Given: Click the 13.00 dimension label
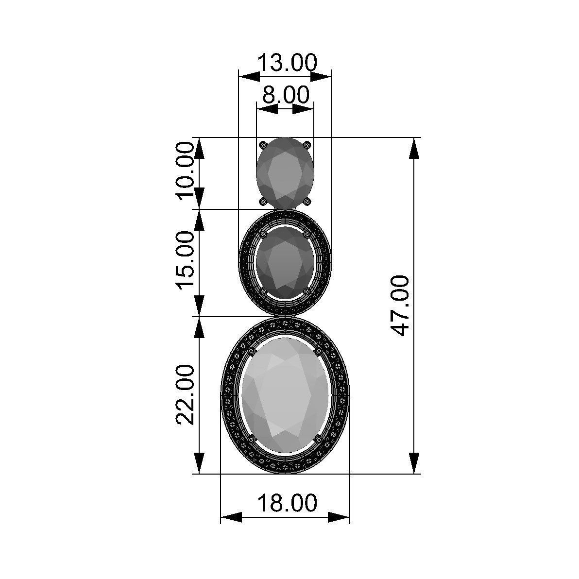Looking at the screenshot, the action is pyautogui.click(x=287, y=63).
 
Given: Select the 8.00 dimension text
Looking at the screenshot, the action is pyautogui.click(x=286, y=95).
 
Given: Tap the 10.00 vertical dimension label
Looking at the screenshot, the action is pyautogui.click(x=185, y=170).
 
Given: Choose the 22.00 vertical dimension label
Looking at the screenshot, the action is pyautogui.click(x=185, y=394).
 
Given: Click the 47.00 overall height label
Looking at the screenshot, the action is pyautogui.click(x=400, y=306).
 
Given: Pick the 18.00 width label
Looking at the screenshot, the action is pyautogui.click(x=287, y=503).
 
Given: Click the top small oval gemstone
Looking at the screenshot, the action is pyautogui.click(x=285, y=173).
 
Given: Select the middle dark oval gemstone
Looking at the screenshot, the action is pyautogui.click(x=285, y=263).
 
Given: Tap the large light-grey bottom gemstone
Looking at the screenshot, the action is pyautogui.click(x=285, y=396).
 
